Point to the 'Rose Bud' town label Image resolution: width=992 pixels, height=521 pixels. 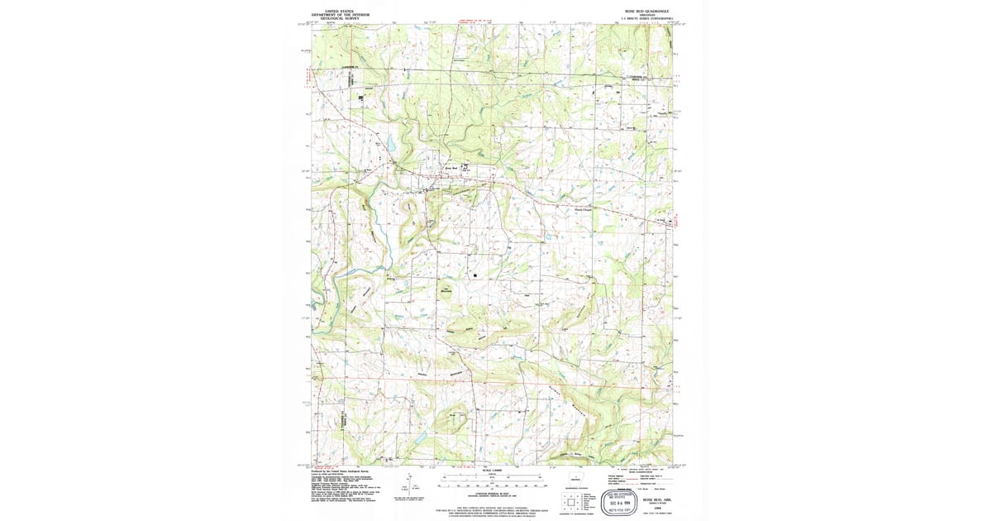[x=440, y=168]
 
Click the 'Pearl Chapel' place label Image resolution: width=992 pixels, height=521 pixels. [x=584, y=209]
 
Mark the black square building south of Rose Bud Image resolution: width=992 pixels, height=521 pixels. [x=476, y=273]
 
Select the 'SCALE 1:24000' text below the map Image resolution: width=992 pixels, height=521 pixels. [x=494, y=470]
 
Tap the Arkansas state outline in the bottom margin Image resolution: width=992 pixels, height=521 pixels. [x=575, y=480]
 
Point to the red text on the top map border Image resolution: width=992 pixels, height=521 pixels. [x=475, y=20]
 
